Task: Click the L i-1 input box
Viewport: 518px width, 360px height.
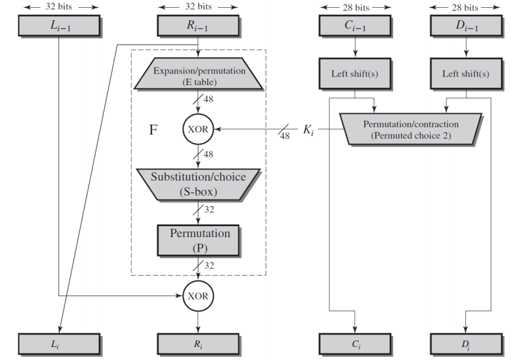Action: pyautogui.click(x=59, y=26)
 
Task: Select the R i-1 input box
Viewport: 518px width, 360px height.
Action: pyautogui.click(x=198, y=26)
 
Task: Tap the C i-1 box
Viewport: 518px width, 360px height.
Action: pyautogui.click(x=355, y=26)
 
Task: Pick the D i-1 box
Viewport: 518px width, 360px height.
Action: pyautogui.click(x=467, y=26)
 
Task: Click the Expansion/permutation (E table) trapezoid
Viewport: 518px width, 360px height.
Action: pyautogui.click(x=198, y=74)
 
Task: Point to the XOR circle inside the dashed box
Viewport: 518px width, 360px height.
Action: pyautogui.click(x=198, y=129)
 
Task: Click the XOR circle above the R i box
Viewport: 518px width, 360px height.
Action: pyautogui.click(x=198, y=296)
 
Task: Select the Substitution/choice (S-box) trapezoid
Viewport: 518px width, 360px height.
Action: pyautogui.click(x=198, y=185)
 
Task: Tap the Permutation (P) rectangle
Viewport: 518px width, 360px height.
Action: pyautogui.click(x=198, y=241)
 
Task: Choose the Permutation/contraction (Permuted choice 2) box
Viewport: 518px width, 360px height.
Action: pyautogui.click(x=411, y=129)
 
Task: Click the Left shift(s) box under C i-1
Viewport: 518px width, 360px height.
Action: pyautogui.click(x=355, y=74)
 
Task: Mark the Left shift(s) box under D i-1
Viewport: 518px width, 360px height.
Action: pyautogui.click(x=467, y=74)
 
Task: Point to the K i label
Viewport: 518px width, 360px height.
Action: pyautogui.click(x=309, y=130)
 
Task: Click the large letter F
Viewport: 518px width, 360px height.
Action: pyautogui.click(x=153, y=130)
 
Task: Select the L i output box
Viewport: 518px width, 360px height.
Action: pyautogui.click(x=59, y=344)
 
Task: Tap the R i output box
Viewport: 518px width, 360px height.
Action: pyautogui.click(x=198, y=344)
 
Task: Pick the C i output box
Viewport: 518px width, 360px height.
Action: pyautogui.click(x=355, y=344)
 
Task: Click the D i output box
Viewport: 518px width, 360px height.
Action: pyautogui.click(x=467, y=344)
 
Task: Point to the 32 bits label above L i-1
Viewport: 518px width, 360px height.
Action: pyautogui.click(x=58, y=6)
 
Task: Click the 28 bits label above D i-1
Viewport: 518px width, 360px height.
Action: pyautogui.click(x=465, y=7)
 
